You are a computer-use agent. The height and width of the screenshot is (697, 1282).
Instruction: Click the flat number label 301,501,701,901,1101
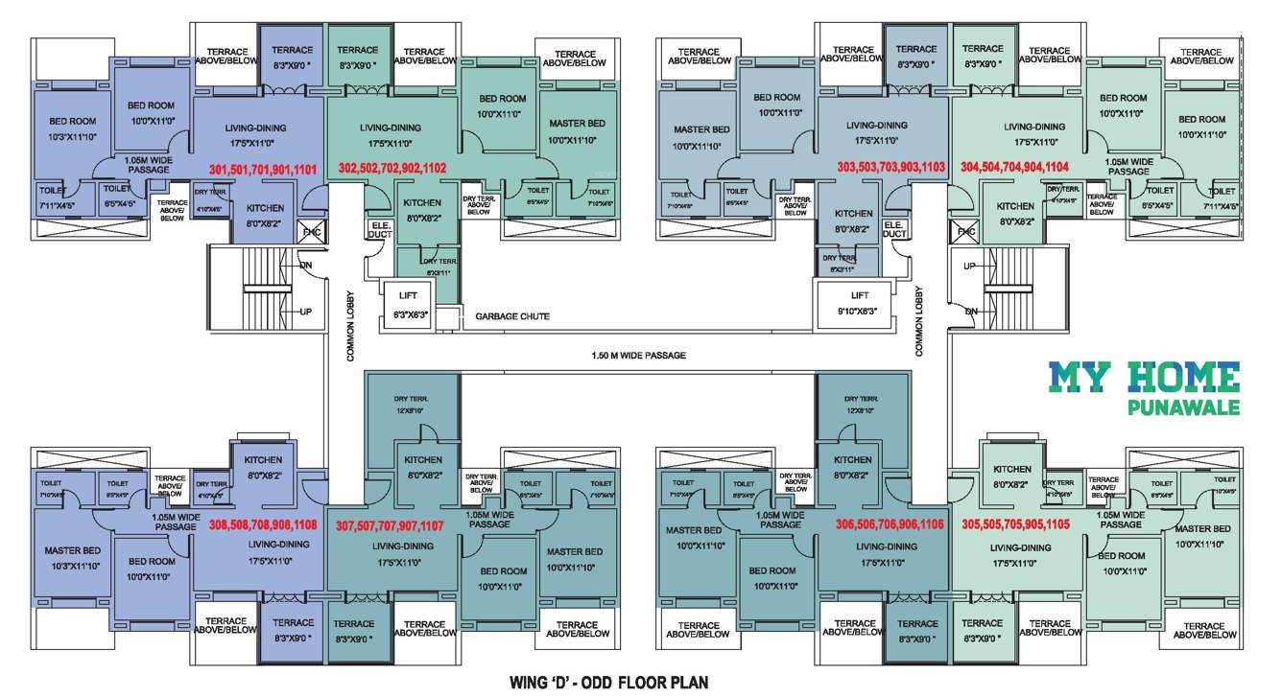[x=263, y=168]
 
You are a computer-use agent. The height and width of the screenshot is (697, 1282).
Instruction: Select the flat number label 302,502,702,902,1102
[x=392, y=167]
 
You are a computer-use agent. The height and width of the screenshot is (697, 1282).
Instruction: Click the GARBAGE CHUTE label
[x=507, y=316]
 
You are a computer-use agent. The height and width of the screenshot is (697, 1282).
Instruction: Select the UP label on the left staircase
[x=306, y=312]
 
